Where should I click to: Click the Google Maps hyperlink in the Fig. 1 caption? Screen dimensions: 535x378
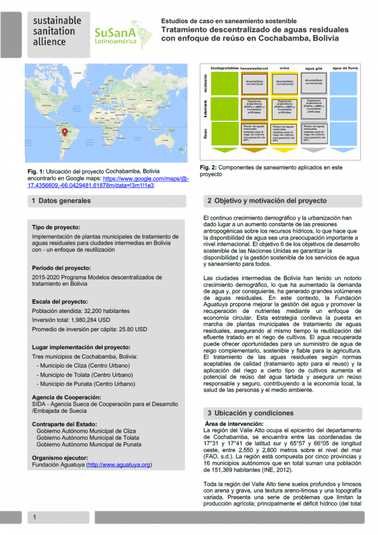coord(115,182)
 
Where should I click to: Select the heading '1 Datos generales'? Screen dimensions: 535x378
coord(61,201)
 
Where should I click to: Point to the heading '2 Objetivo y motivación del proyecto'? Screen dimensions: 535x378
coord(267,201)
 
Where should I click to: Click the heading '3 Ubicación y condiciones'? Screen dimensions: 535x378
coord(250,413)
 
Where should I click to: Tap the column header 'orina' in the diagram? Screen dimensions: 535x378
coord(284,68)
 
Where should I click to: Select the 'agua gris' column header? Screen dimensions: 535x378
coord(314,68)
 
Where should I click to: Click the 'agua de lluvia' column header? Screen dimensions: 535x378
coord(345,68)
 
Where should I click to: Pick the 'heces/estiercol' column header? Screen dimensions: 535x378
coord(254,68)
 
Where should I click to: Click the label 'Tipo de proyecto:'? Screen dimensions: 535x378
coord(56,227)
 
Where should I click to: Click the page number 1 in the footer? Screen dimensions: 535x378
coord(35,518)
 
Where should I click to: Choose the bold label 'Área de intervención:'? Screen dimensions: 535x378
coord(234,424)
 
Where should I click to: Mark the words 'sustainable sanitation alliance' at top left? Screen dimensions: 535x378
coord(57,32)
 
